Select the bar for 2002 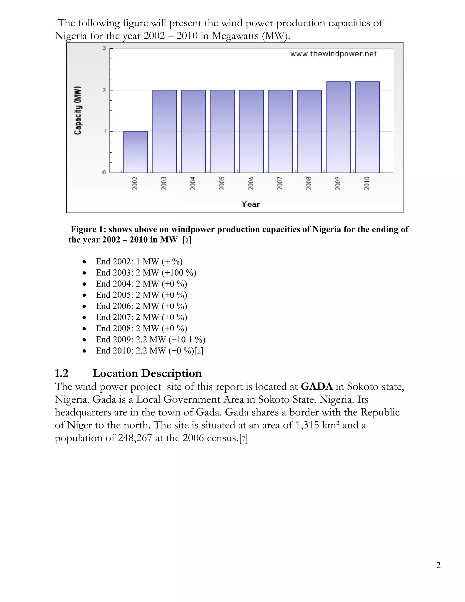click(135, 152)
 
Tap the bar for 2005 click(222, 132)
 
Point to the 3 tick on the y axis click(104, 48)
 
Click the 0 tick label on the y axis click(104, 173)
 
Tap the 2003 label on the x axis click(164, 183)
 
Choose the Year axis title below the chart click(250, 204)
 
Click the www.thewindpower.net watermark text click(333, 54)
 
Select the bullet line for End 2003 click(146, 273)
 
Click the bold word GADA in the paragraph click(317, 386)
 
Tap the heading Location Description click(147, 373)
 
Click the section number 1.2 click(62, 373)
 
